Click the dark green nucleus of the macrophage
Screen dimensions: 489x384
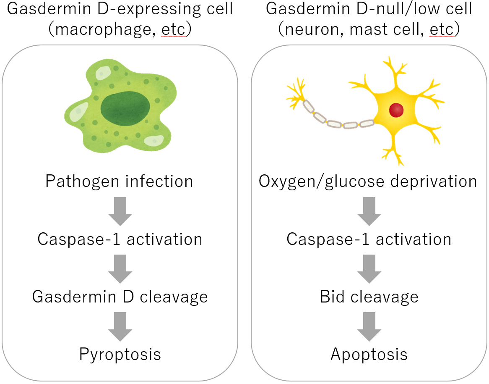125,109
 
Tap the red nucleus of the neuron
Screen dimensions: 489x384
396,110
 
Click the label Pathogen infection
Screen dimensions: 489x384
120,181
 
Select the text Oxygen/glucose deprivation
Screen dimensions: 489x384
368,181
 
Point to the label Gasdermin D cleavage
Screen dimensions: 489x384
120,297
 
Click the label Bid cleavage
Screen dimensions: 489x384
369,297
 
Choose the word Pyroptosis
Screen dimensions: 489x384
120,355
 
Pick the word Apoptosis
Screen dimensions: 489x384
369,355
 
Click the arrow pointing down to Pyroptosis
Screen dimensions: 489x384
120,327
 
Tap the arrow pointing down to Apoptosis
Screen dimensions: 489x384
369,327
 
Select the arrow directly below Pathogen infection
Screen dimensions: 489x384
120,211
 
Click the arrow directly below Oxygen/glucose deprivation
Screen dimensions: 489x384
369,211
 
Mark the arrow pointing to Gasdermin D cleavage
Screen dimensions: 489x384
120,269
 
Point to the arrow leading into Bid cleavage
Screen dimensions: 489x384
369,269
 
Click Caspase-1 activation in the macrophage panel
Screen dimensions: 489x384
120,239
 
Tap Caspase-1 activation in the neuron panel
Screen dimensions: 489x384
369,239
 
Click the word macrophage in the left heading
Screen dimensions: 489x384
104,30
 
